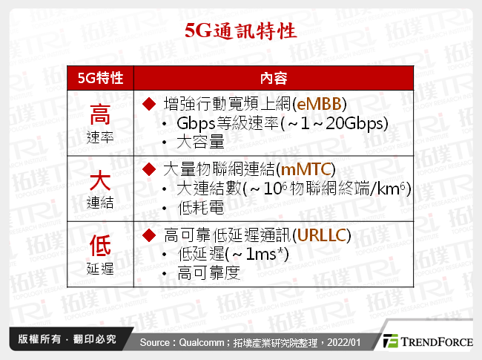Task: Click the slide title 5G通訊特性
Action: (240, 31)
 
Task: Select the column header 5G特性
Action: (100, 77)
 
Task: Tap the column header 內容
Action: (274, 77)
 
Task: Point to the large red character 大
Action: (100, 179)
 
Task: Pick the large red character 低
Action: (100, 245)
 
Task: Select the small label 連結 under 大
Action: (100, 203)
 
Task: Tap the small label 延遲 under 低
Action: (100, 268)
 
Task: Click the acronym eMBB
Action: (322, 103)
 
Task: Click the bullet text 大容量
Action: (200, 141)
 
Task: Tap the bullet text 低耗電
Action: (200, 208)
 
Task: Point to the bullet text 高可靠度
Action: (209, 274)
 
